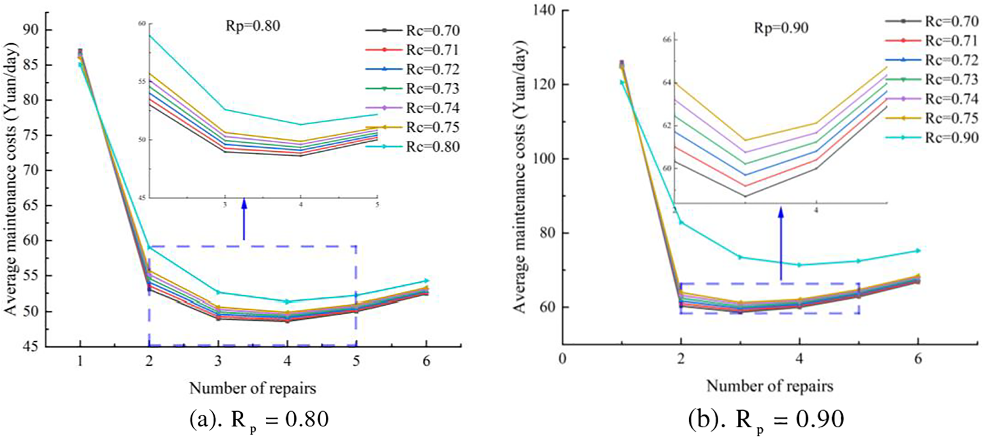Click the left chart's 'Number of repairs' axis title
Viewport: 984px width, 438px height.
click(252, 388)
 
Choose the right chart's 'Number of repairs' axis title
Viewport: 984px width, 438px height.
click(769, 385)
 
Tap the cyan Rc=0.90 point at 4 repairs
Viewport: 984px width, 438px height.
click(800, 264)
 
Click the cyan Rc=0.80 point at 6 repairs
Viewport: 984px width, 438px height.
click(427, 281)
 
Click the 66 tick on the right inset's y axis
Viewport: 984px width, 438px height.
click(666, 40)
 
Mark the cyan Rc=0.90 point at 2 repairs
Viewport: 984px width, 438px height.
click(681, 222)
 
